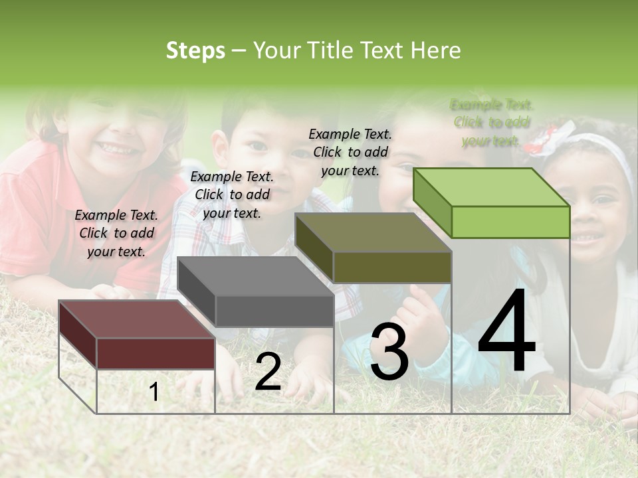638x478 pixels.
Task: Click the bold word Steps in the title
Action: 195,51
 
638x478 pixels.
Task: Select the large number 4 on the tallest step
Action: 506,332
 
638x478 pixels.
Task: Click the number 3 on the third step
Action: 389,353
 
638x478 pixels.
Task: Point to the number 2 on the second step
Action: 268,372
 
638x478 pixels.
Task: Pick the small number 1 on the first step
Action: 154,392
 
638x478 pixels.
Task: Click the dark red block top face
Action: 137,319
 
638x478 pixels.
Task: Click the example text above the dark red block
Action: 116,233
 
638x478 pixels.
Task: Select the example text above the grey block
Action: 232,195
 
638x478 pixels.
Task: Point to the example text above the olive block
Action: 350,152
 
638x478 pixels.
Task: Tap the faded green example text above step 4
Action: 491,123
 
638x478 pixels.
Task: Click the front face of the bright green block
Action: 510,222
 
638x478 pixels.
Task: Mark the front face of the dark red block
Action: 156,353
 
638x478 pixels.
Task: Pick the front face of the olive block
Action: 392,267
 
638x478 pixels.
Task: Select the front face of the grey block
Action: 274,311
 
